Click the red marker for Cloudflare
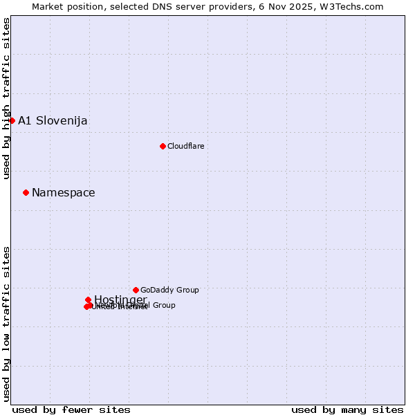pyautogui.click(x=163, y=146)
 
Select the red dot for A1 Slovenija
pyautogui.click(x=12, y=120)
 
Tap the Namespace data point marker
pyautogui.click(x=26, y=192)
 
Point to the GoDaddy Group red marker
pyautogui.click(x=136, y=290)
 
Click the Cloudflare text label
pyautogui.click(x=185, y=146)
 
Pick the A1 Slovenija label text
pyautogui.click(x=53, y=120)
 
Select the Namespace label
pyautogui.click(x=64, y=192)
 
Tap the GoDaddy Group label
pyautogui.click(x=169, y=290)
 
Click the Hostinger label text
pyautogui.click(x=120, y=299)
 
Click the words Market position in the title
pyautogui.click(x=65, y=6)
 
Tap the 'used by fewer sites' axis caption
pyautogui.click(x=71, y=409)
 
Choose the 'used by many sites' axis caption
pyautogui.click(x=347, y=409)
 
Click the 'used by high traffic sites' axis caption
pyautogui.click(x=6, y=98)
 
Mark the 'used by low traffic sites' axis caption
pyautogui.click(x=6, y=323)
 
